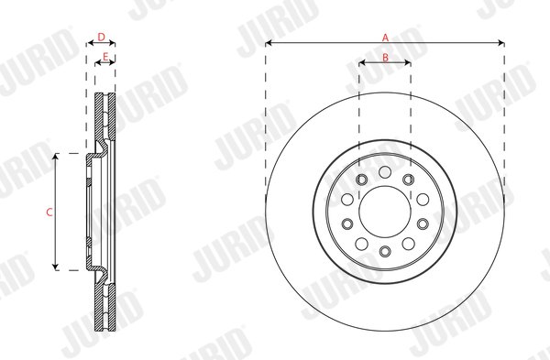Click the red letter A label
[385, 38]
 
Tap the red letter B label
[385, 57]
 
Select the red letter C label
[49, 213]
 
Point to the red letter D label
[101, 37]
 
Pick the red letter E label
[105, 57]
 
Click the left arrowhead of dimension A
[269, 43]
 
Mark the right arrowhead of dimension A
[501, 43]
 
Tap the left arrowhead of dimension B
[362, 63]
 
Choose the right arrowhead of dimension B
[408, 63]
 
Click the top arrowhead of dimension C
[55, 157]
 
